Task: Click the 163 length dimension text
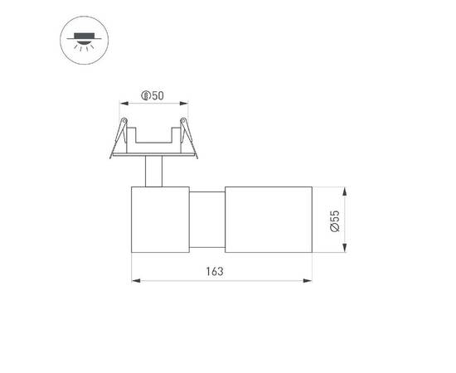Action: pos(216,271)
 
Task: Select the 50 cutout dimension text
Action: pos(157,96)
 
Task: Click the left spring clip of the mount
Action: pos(121,133)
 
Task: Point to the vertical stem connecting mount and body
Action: pos(152,172)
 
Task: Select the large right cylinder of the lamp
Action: pos(268,220)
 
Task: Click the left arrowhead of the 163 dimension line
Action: pos(135,280)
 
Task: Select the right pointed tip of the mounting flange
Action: pos(200,154)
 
